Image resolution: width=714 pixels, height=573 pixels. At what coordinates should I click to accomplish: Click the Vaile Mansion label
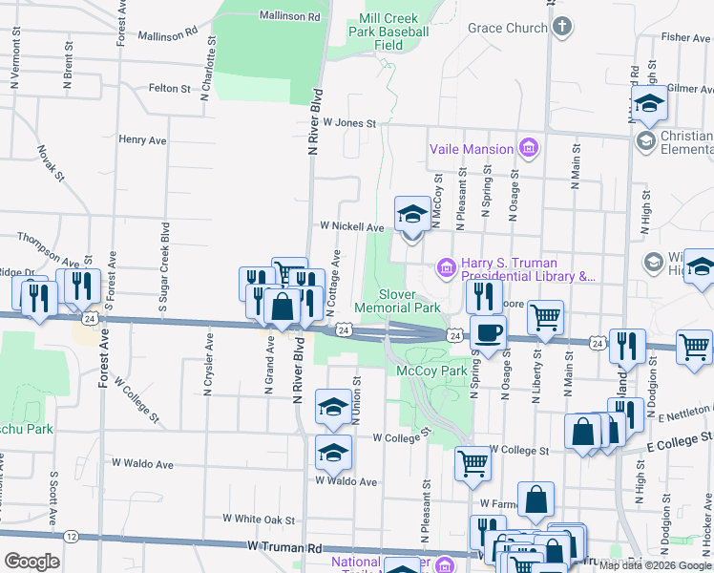click(x=472, y=148)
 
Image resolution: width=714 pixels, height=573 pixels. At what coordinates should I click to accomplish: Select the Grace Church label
click(x=507, y=28)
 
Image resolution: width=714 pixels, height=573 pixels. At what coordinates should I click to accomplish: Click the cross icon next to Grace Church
click(x=562, y=27)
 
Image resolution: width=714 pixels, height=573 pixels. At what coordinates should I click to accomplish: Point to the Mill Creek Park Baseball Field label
click(x=388, y=32)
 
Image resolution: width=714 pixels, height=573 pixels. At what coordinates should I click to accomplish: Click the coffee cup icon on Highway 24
click(x=489, y=333)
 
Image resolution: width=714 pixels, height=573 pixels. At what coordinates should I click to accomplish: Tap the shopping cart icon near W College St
click(x=472, y=464)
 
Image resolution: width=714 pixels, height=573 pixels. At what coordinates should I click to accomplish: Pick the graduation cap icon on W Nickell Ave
click(x=412, y=213)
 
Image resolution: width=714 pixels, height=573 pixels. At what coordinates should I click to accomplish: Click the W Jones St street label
click(x=349, y=123)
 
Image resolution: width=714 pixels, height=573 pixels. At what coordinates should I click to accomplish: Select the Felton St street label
click(x=170, y=88)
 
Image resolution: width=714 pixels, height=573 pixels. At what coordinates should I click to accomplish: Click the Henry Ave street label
click(x=143, y=139)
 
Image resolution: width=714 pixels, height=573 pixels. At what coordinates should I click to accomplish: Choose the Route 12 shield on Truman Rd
click(x=72, y=537)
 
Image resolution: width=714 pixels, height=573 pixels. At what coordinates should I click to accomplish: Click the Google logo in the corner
click(x=31, y=562)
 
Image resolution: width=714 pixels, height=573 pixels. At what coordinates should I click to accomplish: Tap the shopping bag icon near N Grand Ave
click(x=283, y=308)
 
